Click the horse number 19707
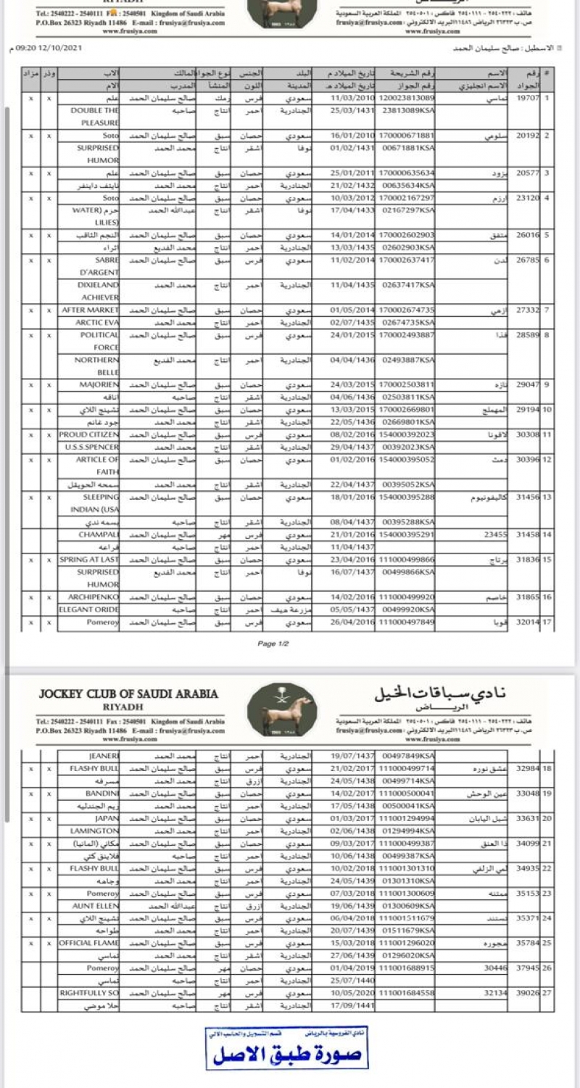pos(527,98)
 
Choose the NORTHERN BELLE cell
pos(100,366)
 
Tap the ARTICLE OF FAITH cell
pos(101,466)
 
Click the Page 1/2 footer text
pos(273,643)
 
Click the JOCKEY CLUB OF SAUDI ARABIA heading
pos(128,694)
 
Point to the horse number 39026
pos(527,993)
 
